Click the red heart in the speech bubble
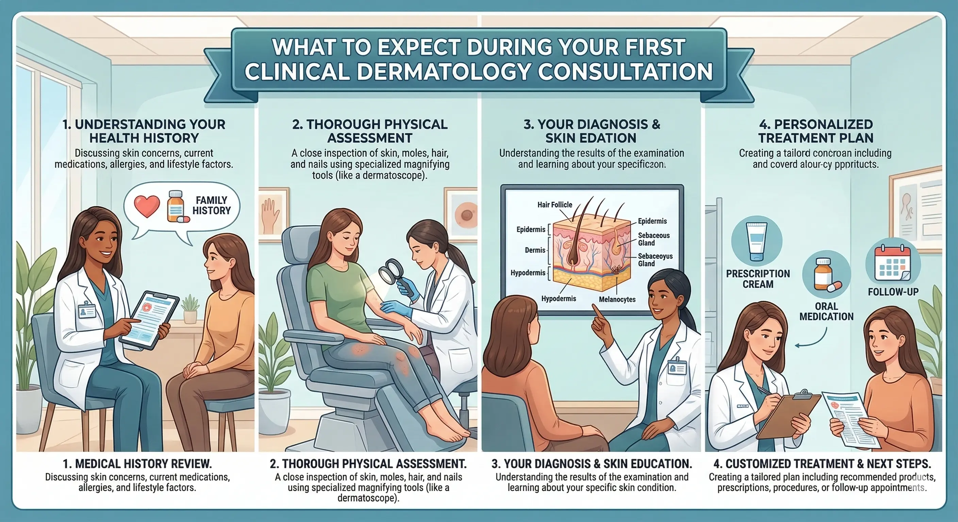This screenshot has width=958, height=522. coord(147,207)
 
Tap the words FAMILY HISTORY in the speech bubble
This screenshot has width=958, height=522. coord(211,206)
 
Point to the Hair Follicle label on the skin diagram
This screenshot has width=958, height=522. coord(555,205)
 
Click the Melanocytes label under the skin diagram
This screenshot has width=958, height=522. coord(617,299)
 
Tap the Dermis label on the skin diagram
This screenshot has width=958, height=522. coord(535,250)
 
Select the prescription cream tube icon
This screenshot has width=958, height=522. coord(757,241)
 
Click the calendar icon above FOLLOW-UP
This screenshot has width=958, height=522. coord(893,263)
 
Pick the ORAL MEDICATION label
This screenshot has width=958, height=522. coord(826,311)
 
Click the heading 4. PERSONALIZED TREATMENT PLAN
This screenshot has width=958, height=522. coord(815,131)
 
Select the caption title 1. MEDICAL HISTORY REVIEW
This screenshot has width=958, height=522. coord(137,464)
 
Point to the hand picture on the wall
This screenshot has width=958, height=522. coord(272,215)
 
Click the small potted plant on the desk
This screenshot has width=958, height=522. coord(191,308)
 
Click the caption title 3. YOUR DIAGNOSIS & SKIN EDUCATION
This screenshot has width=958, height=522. coord(592,464)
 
